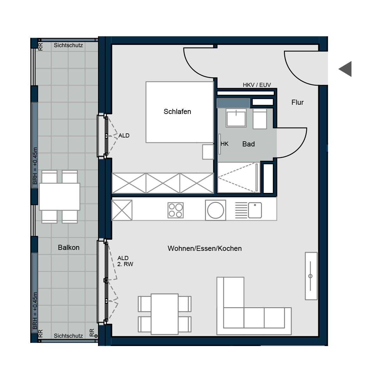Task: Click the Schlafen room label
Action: tap(177, 112)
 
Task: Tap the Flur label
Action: tap(297, 102)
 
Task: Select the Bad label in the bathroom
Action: tap(248, 144)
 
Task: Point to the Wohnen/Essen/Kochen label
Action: tap(205, 248)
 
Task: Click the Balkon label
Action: tap(68, 247)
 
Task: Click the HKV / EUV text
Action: tap(257, 85)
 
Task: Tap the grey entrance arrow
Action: tap(345, 69)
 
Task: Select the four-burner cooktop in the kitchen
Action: tap(175, 210)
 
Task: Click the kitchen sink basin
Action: tap(255, 210)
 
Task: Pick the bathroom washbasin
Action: tap(236, 118)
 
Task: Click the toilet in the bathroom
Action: tap(260, 118)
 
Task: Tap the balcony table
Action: tap(60, 197)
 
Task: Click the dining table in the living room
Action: tap(165, 314)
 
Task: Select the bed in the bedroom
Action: tap(180, 112)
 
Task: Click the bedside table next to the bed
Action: tap(208, 152)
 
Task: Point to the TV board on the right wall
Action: tap(311, 276)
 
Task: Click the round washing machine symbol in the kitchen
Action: tap(216, 210)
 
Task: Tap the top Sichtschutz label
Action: tap(68, 45)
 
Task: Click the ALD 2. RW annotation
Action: tap(125, 261)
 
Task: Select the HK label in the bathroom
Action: tap(224, 144)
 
